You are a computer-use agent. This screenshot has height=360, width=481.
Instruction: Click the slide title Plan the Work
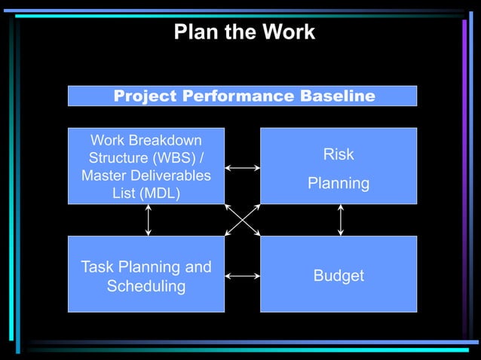[244, 32]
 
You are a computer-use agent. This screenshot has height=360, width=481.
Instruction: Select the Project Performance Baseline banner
[243, 96]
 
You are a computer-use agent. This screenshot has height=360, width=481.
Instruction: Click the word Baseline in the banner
[338, 96]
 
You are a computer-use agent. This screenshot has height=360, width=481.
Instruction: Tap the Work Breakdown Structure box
[146, 166]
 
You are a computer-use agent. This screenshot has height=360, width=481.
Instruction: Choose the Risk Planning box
[339, 166]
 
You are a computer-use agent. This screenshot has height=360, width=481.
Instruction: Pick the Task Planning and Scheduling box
[146, 274]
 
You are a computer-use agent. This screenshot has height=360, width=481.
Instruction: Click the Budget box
[339, 274]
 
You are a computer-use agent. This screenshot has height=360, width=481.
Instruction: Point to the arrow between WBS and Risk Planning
[242, 168]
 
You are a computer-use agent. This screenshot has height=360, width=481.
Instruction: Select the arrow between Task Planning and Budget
[242, 276]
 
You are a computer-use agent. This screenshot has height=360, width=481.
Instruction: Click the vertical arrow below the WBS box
[149, 220]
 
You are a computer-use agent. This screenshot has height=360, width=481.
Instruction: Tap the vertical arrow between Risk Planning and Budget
[341, 220]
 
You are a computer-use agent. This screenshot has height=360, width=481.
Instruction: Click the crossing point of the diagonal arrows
[243, 220]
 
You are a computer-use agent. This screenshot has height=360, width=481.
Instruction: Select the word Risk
[339, 155]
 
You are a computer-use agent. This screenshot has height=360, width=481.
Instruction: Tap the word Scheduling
[146, 287]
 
